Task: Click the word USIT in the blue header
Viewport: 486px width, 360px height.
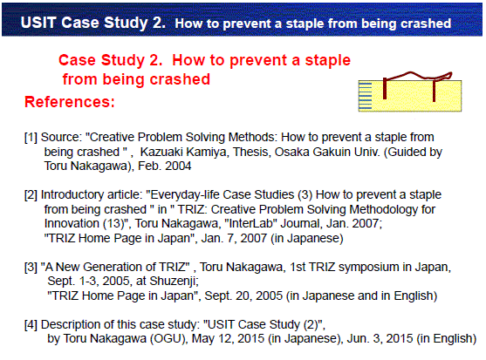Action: coord(38,23)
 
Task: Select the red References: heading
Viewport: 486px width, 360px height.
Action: coord(70,101)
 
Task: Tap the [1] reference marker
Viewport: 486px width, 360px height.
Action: coord(31,137)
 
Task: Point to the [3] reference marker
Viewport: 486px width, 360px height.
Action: coord(31,267)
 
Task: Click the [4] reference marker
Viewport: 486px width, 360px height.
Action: coord(31,324)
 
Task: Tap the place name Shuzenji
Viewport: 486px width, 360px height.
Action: coord(174,281)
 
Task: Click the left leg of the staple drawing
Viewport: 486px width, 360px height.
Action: coord(385,88)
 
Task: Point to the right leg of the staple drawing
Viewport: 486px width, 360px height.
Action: coord(434,91)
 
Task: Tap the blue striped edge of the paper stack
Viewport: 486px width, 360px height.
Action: coord(365,96)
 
